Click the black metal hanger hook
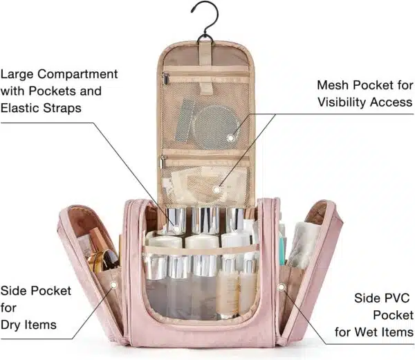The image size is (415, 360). coord(217,13)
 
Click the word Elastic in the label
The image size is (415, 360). coord(19,108)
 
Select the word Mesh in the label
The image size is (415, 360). coord(333,85)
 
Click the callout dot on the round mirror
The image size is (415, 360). coord(230,138)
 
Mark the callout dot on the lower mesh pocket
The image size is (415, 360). coord(216,190)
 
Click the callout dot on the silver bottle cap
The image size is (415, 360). coord(176,228)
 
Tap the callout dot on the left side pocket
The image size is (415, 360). coord(114,285)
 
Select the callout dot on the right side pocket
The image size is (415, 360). coord(282,287)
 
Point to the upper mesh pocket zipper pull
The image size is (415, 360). coord(166,79)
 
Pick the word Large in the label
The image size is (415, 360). coord(17,75)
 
